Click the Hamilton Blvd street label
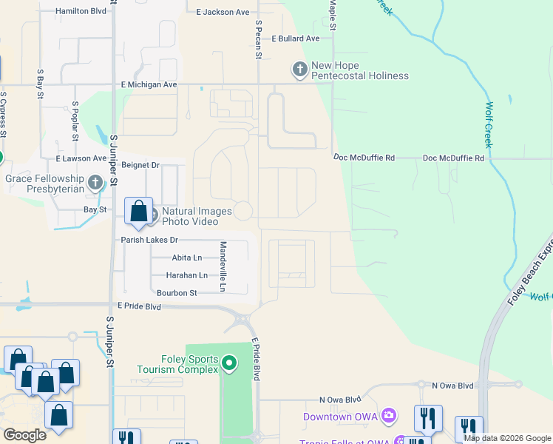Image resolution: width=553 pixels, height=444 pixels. [81, 12]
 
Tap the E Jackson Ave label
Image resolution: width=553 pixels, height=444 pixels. [223, 12]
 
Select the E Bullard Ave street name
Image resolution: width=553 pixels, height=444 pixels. [295, 38]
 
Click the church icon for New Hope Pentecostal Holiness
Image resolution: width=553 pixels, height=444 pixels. [299, 70]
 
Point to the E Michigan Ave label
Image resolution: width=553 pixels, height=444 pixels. [149, 85]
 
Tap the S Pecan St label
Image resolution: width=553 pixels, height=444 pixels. [259, 41]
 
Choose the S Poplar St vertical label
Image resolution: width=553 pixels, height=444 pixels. [75, 121]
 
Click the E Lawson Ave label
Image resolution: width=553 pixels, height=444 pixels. [81, 158]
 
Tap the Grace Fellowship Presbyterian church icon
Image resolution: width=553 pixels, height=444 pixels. [95, 182]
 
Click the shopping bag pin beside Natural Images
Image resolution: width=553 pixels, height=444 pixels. [138, 212]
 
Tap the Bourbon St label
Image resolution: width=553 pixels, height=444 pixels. [177, 293]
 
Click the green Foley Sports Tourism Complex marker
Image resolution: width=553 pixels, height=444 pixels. [229, 363]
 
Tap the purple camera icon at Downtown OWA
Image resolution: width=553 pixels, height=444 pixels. [388, 417]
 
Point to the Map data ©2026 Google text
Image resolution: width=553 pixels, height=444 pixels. [507, 438]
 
